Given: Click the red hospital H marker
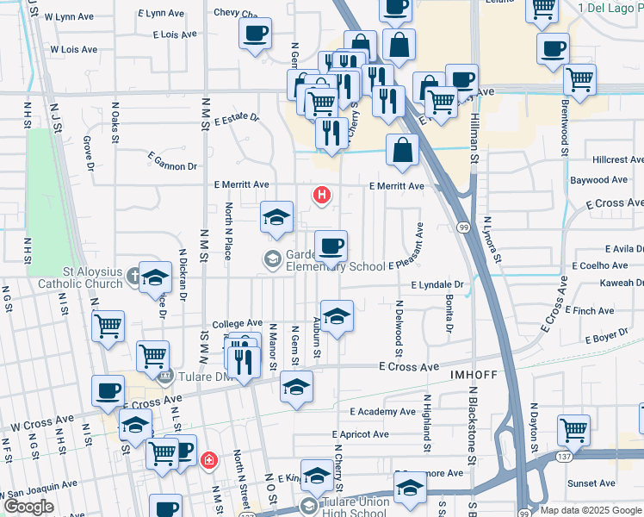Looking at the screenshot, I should (x=322, y=196).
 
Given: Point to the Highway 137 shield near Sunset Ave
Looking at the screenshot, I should (x=563, y=455).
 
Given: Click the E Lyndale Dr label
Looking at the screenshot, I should (x=437, y=284).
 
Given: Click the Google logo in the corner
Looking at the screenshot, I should (x=29, y=506).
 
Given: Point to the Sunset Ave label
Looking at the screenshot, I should (x=590, y=483).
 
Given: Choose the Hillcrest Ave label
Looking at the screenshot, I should (x=617, y=160).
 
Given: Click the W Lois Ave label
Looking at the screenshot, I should (x=73, y=50).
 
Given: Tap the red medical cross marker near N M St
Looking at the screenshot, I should (x=208, y=461).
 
